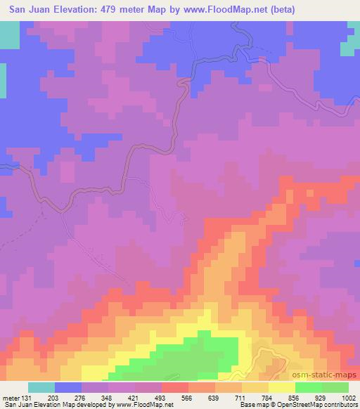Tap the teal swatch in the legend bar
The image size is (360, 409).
pos(41,387)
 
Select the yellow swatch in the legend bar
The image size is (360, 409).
pos(281,387)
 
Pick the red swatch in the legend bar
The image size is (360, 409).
pos(175,387)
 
